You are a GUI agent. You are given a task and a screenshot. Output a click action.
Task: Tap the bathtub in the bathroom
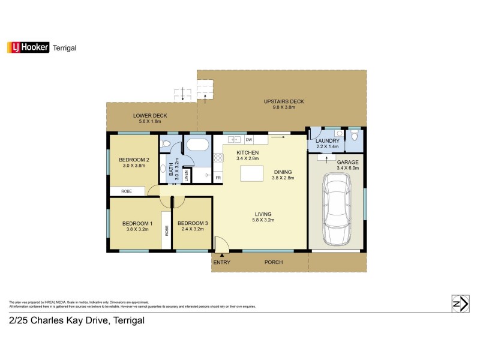click(197, 145)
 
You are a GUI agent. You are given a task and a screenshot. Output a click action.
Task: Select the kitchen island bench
click(252, 173)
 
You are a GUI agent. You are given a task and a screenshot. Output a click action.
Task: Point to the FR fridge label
click(218, 178)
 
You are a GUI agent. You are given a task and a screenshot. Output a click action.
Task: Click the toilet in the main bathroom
click(167, 143)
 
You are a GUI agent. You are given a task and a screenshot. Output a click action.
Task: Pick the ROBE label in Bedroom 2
click(127, 191)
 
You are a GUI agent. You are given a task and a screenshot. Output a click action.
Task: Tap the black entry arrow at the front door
click(214, 256)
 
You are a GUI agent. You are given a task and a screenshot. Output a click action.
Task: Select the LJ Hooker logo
click(27, 47)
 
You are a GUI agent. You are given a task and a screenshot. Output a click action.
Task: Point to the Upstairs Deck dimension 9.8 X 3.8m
click(284, 108)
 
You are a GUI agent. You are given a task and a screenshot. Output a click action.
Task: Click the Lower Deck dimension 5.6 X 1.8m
click(150, 122)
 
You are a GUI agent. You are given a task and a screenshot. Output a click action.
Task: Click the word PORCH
click(274, 262)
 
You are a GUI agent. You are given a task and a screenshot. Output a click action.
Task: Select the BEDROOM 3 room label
click(193, 223)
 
